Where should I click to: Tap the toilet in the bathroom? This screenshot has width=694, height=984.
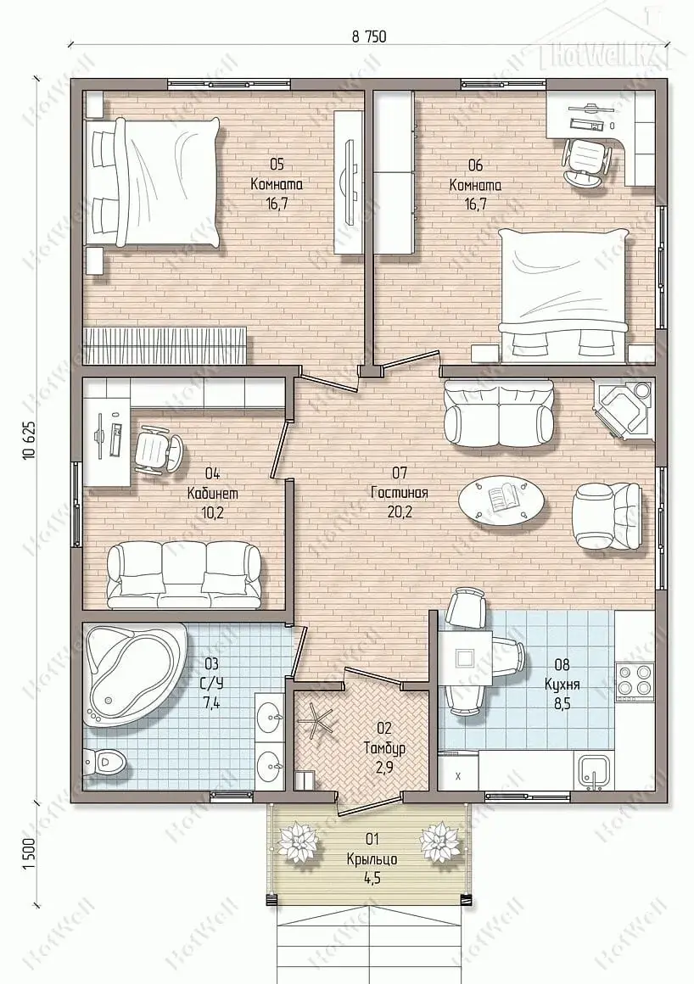(x=105, y=763)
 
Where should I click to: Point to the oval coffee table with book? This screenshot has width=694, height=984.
(x=502, y=500)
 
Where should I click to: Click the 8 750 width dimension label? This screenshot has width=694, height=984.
(x=368, y=36)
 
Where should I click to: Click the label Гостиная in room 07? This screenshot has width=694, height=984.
(x=399, y=493)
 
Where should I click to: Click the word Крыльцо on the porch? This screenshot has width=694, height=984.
(x=372, y=858)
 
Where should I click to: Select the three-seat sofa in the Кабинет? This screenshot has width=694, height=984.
(x=184, y=575)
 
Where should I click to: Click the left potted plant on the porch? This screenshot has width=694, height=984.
(x=297, y=841)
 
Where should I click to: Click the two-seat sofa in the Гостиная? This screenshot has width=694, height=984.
(x=500, y=413)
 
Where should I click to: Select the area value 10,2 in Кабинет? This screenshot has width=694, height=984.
(x=206, y=512)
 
